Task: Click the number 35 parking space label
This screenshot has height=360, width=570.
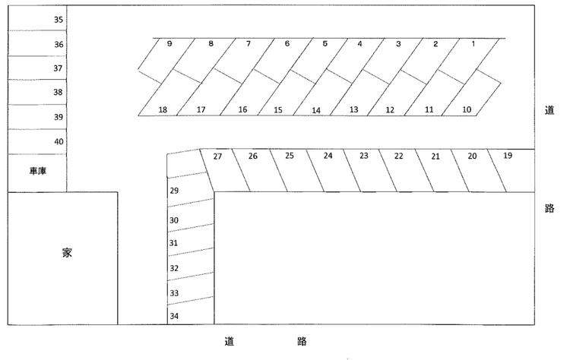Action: click(59, 20)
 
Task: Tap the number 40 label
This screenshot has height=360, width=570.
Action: click(59, 142)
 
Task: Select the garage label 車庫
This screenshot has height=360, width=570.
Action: click(38, 171)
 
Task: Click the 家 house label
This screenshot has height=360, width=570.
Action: click(67, 252)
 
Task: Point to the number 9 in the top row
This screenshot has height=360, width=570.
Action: click(169, 44)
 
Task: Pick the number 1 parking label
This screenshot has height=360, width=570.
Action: click(473, 44)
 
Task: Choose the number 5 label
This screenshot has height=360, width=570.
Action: click(325, 43)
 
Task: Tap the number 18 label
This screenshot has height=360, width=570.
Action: click(163, 109)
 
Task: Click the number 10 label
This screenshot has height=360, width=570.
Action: click(467, 109)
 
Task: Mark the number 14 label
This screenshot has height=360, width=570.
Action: click(316, 110)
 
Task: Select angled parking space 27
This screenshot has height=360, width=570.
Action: click(226, 170)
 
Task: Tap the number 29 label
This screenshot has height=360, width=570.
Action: click(174, 191)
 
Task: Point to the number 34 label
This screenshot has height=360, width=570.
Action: click(174, 316)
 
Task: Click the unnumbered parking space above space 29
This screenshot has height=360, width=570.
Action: click(186, 163)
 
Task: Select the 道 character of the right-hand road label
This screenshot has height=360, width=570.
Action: click(549, 110)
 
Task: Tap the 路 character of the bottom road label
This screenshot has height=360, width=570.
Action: click(302, 342)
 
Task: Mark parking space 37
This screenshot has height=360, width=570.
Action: click(37, 68)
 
